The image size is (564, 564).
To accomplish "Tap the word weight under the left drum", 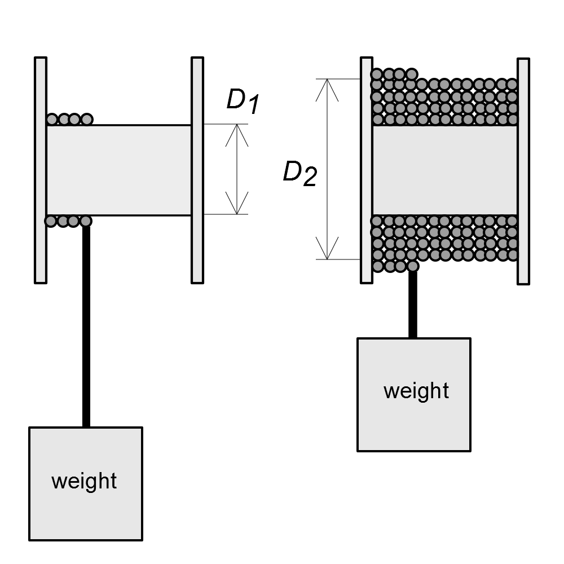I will click(x=84, y=481).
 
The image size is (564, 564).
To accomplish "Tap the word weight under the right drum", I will click(x=416, y=390).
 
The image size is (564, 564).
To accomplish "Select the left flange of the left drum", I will click(x=41, y=169).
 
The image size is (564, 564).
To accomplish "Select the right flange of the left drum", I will click(x=197, y=169).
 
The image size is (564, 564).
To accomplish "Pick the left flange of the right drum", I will click(x=366, y=169).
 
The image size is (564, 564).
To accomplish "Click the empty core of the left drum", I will click(x=118, y=170).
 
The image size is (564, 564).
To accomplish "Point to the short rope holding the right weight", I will click(x=413, y=305).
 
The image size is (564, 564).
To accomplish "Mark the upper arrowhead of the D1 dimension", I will click(x=237, y=132).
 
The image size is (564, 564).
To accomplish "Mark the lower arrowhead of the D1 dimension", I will click(x=237, y=206).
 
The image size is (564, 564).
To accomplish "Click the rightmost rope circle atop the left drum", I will click(x=86, y=119).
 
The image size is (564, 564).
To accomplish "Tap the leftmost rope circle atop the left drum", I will click(x=52, y=119).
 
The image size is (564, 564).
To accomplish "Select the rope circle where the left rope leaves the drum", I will click(x=86, y=221).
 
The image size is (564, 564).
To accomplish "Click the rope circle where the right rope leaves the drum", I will click(x=413, y=266).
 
